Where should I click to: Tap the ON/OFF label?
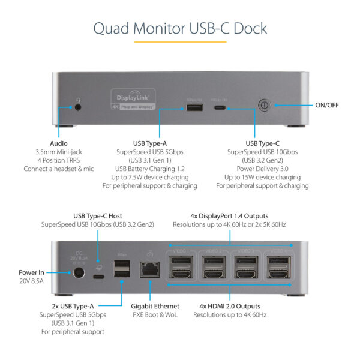click(x=327, y=105)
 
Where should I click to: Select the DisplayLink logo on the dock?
click(x=133, y=98)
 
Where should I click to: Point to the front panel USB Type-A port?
click(x=193, y=107)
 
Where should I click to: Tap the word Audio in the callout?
click(x=59, y=143)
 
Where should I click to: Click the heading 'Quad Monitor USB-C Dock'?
click(x=180, y=28)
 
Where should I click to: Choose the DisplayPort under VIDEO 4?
click(x=278, y=262)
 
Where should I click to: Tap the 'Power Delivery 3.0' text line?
click(x=262, y=169)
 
